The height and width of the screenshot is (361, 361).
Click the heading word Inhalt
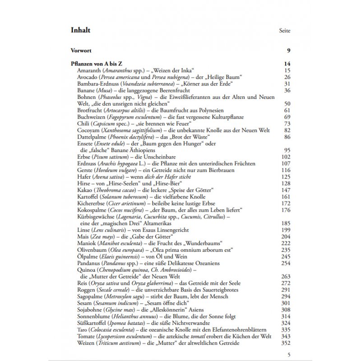point(81,30)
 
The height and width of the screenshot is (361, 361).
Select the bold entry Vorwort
point(82,51)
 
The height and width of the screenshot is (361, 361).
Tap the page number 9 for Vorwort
point(288,51)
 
